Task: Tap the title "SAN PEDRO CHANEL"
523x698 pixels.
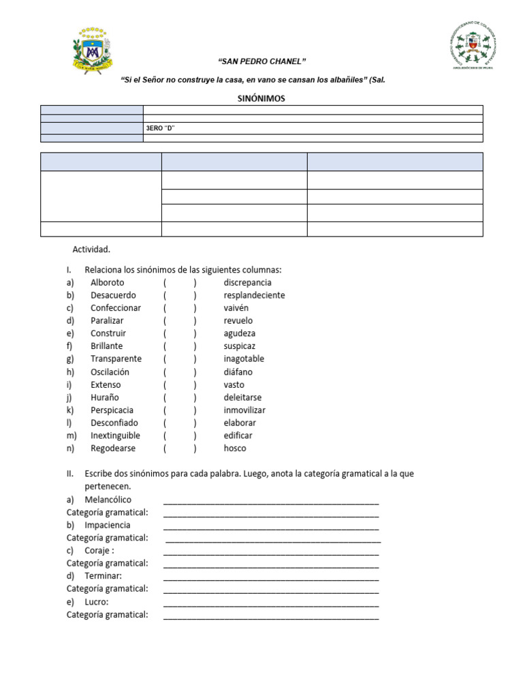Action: (x=257, y=62)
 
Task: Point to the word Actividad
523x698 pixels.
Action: (x=91, y=249)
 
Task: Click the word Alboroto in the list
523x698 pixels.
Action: (x=108, y=282)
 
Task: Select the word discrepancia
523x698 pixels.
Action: (x=247, y=282)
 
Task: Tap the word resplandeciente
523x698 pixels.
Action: (x=254, y=295)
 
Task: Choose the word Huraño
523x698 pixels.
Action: (x=105, y=397)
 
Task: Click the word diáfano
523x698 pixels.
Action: (x=238, y=372)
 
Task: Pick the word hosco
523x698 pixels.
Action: (x=235, y=449)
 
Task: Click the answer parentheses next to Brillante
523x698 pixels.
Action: (x=180, y=346)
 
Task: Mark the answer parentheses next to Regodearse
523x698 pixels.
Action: (x=180, y=449)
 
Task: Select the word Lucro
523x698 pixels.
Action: (x=97, y=602)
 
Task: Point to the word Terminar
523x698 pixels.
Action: (x=103, y=576)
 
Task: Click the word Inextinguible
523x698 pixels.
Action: (x=115, y=436)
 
